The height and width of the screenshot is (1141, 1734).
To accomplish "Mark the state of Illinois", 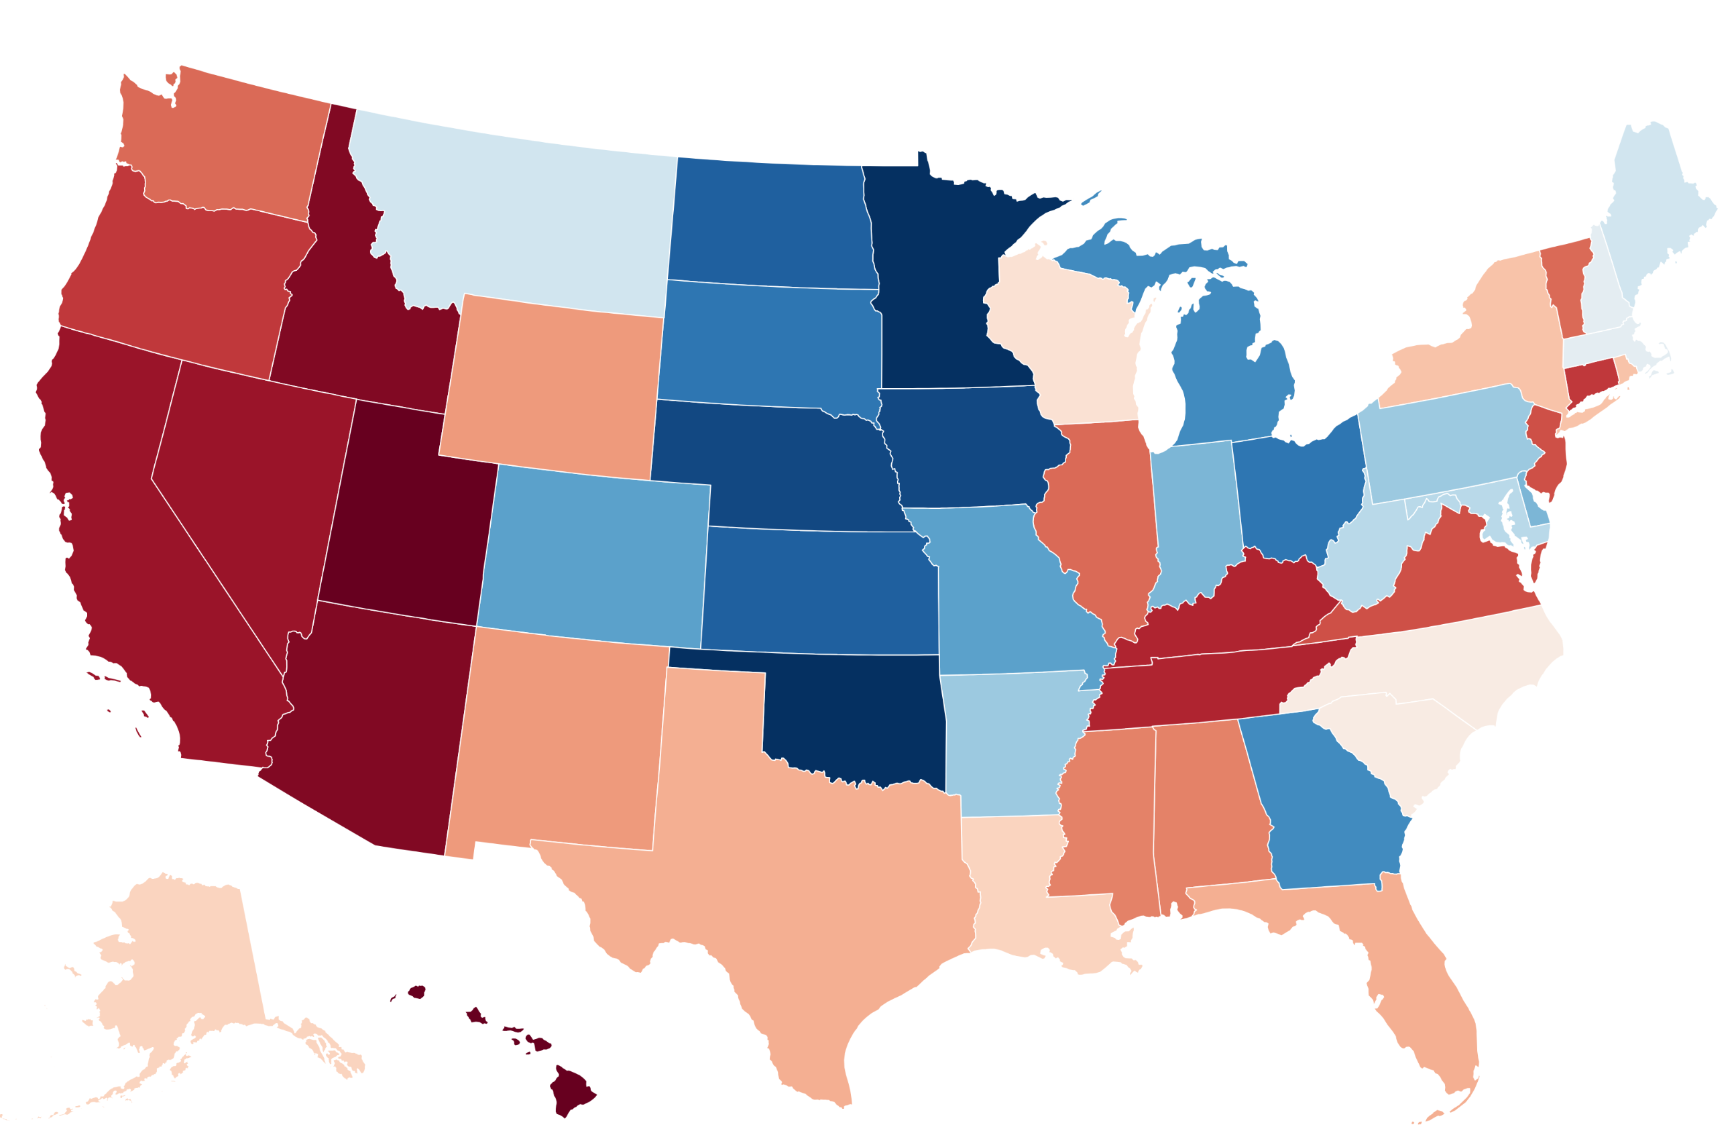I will pos(1100,510).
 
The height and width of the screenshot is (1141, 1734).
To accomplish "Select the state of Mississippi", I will pos(1108,816).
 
